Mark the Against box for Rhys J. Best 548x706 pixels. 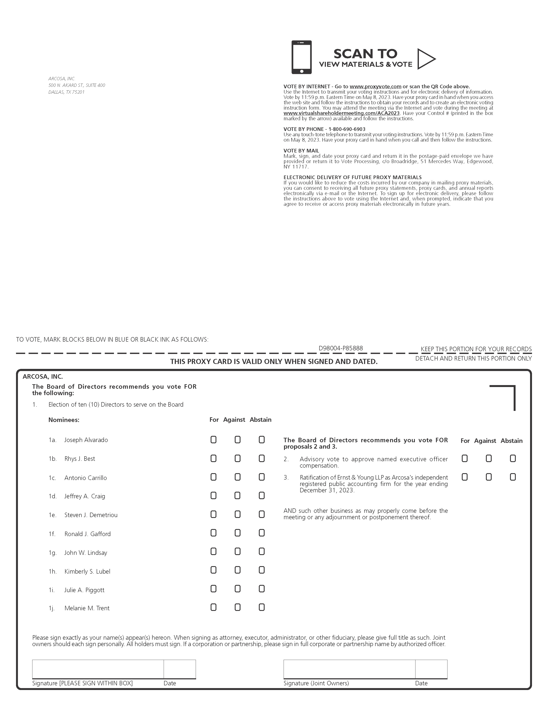coord(238,458)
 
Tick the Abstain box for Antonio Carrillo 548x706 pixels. coord(262,477)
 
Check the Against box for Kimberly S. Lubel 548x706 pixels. coord(238,570)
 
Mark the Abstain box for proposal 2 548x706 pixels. coord(513,458)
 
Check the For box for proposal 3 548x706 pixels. coord(465,477)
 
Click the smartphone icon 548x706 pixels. coord(302,57)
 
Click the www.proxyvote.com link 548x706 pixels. coord(375,87)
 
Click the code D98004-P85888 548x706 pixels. coord(341,348)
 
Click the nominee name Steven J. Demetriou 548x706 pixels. coord(91,515)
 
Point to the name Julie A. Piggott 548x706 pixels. coord(85,590)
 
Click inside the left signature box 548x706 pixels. coord(98,669)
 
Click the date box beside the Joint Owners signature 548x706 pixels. coord(431,669)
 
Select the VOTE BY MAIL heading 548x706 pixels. coord(301,151)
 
